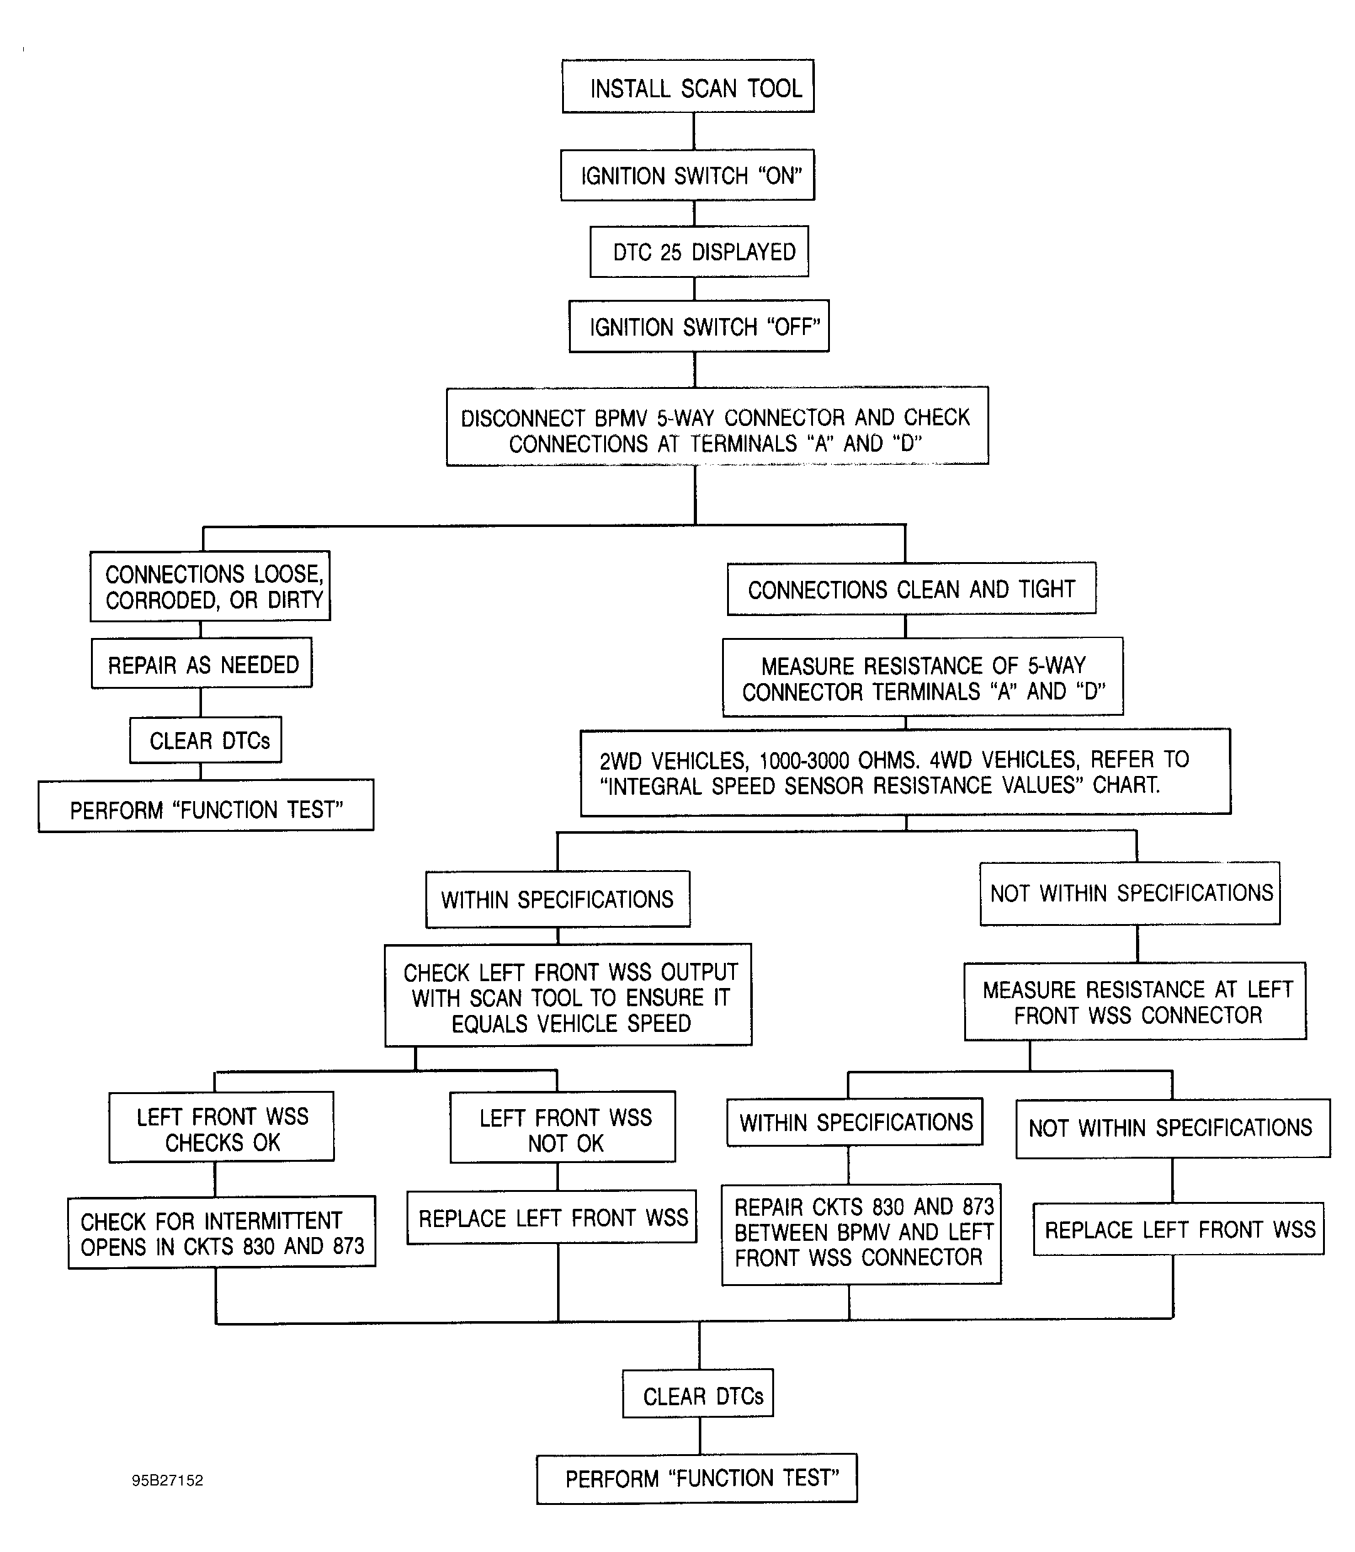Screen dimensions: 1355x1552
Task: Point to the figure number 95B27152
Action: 167,1480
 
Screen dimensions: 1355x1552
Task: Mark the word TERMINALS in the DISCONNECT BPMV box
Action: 743,443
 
